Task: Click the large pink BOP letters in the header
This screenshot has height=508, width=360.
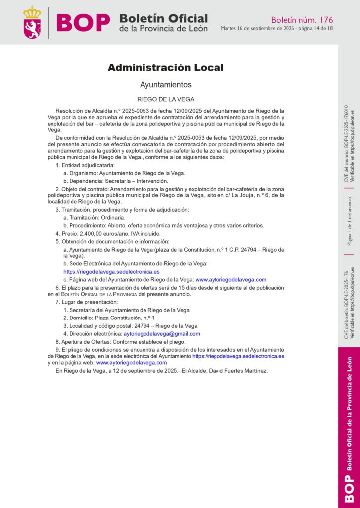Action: (x=83, y=23)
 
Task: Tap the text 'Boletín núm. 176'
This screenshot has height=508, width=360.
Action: (x=302, y=20)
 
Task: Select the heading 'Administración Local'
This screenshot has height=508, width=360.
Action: (x=166, y=68)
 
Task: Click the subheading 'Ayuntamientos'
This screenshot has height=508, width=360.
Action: (x=166, y=85)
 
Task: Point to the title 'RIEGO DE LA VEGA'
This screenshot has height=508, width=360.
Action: (x=166, y=99)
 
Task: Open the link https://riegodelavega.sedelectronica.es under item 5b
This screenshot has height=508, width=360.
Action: (x=111, y=272)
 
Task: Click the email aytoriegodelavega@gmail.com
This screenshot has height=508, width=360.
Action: (x=161, y=334)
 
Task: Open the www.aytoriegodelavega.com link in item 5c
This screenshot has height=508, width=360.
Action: (x=230, y=280)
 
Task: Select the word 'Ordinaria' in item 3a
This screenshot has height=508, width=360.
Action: (x=111, y=217)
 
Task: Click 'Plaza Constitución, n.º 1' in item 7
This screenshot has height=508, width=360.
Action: (x=125, y=318)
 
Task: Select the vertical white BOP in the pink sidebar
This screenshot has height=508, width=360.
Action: (x=349, y=488)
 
